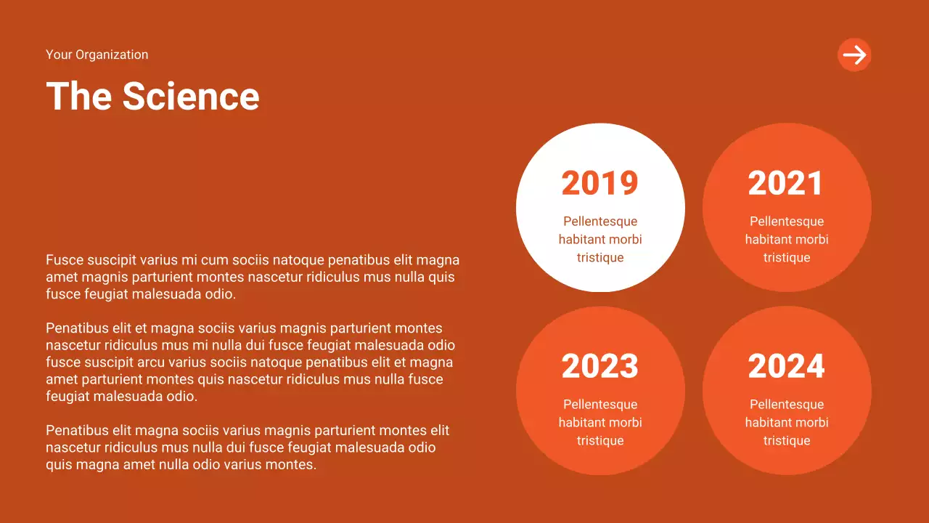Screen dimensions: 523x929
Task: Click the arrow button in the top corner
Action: (854, 54)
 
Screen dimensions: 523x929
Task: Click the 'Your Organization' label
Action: (97, 54)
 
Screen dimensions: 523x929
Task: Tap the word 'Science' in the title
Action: (191, 96)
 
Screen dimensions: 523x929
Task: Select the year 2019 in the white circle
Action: (599, 183)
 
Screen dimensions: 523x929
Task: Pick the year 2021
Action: (786, 183)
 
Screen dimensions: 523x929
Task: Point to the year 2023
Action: (599, 366)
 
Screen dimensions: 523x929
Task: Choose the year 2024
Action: (786, 366)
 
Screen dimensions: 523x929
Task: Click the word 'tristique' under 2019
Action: (600, 258)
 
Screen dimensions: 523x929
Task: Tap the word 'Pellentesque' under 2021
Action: (787, 222)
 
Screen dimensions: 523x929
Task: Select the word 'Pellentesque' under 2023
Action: (600, 405)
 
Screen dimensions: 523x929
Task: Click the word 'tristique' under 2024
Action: (787, 441)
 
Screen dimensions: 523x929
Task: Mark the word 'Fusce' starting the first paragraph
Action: (63, 260)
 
